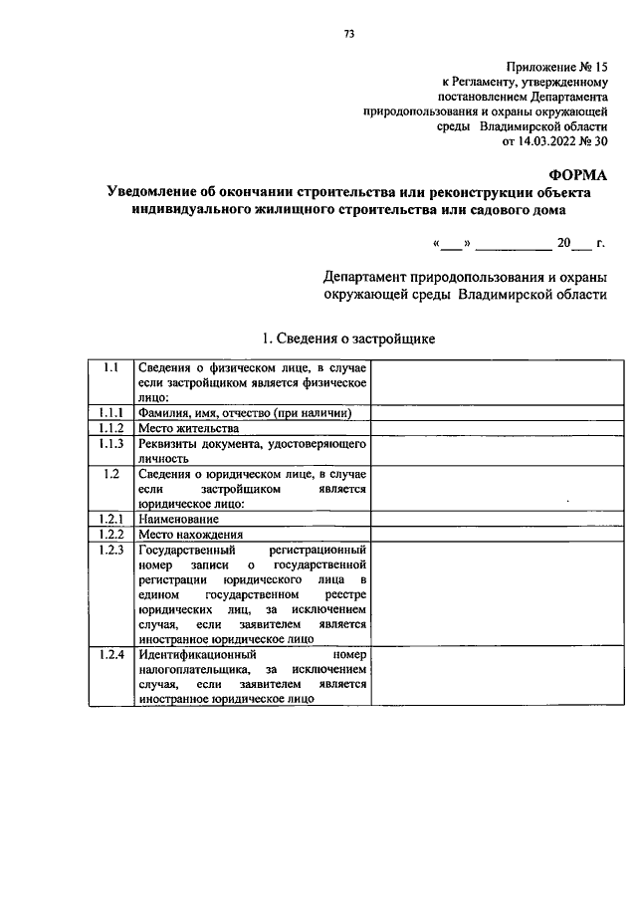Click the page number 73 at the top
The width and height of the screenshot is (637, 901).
pyautogui.click(x=348, y=34)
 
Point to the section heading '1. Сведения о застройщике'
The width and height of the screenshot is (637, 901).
pyautogui.click(x=347, y=338)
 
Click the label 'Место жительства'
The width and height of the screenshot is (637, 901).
pyautogui.click(x=189, y=429)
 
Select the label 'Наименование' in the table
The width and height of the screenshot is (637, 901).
pyautogui.click(x=179, y=519)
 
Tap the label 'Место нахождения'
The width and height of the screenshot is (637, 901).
pyautogui.click(x=191, y=534)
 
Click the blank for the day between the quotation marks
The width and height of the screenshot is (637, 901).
pyautogui.click(x=452, y=243)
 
